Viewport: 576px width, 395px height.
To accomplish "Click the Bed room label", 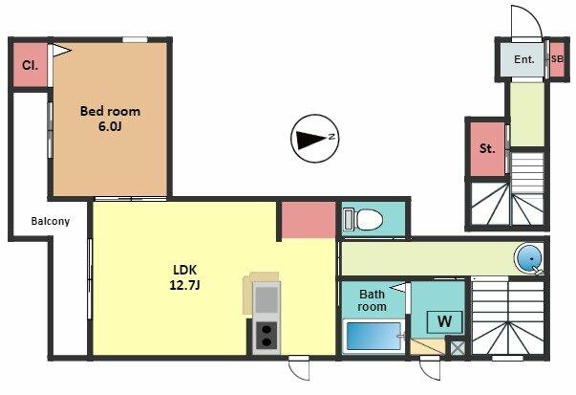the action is [110, 111].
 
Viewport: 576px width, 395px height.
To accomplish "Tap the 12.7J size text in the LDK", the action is [184, 285].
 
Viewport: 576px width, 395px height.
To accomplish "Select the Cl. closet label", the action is [30, 65].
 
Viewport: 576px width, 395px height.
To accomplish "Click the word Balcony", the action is [51, 221].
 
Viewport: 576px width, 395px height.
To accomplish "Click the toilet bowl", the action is [370, 220].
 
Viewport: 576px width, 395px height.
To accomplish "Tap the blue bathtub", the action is [373, 336].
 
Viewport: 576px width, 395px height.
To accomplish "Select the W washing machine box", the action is [444, 321].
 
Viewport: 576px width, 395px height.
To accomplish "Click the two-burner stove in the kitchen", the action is [267, 336].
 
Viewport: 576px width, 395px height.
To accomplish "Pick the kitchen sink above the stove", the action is [267, 299].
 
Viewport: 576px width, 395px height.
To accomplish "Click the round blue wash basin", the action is [529, 258].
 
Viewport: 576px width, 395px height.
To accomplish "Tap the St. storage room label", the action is [487, 148].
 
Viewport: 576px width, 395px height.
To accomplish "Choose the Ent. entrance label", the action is [524, 59].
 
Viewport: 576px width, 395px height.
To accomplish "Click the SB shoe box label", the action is [557, 59].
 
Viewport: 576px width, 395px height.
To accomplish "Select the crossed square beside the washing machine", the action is [458, 348].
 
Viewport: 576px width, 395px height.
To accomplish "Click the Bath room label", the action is [373, 300].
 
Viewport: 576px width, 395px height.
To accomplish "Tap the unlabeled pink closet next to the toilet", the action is [309, 220].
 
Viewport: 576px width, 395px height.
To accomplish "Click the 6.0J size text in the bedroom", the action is [110, 126].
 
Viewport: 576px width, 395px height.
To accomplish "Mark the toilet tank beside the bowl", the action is [349, 220].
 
